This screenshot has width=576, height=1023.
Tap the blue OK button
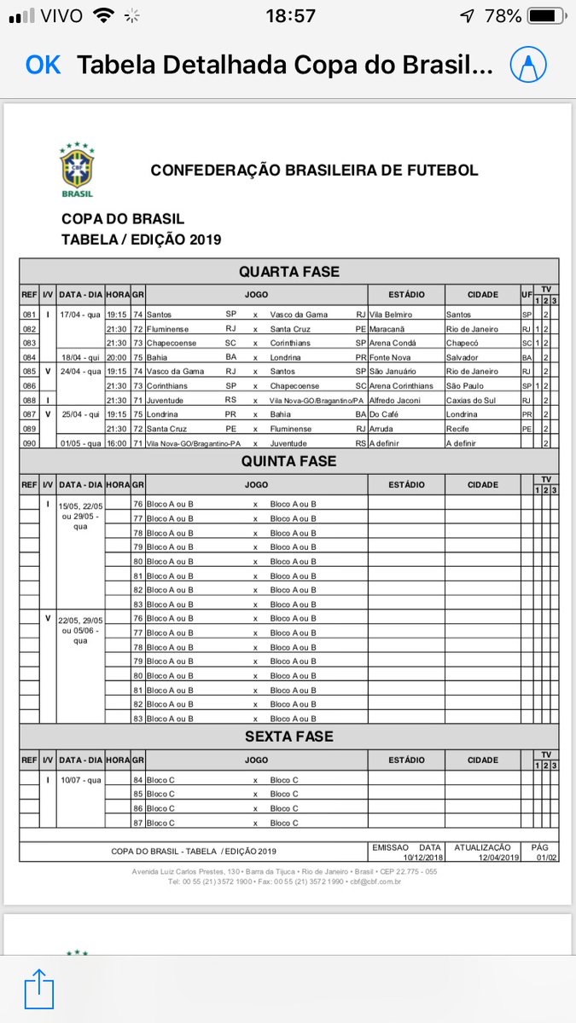[43, 65]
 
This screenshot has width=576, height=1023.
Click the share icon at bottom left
[39, 989]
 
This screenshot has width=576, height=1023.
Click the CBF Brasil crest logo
[77, 170]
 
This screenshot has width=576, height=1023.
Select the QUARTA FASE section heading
[288, 272]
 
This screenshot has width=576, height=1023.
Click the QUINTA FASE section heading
[288, 461]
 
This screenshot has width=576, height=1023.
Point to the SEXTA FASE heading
[288, 736]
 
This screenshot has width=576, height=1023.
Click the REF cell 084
[29, 357]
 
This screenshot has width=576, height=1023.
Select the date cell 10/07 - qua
[81, 779]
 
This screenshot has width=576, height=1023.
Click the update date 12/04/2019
[483, 857]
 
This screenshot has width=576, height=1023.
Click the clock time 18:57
[290, 16]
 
